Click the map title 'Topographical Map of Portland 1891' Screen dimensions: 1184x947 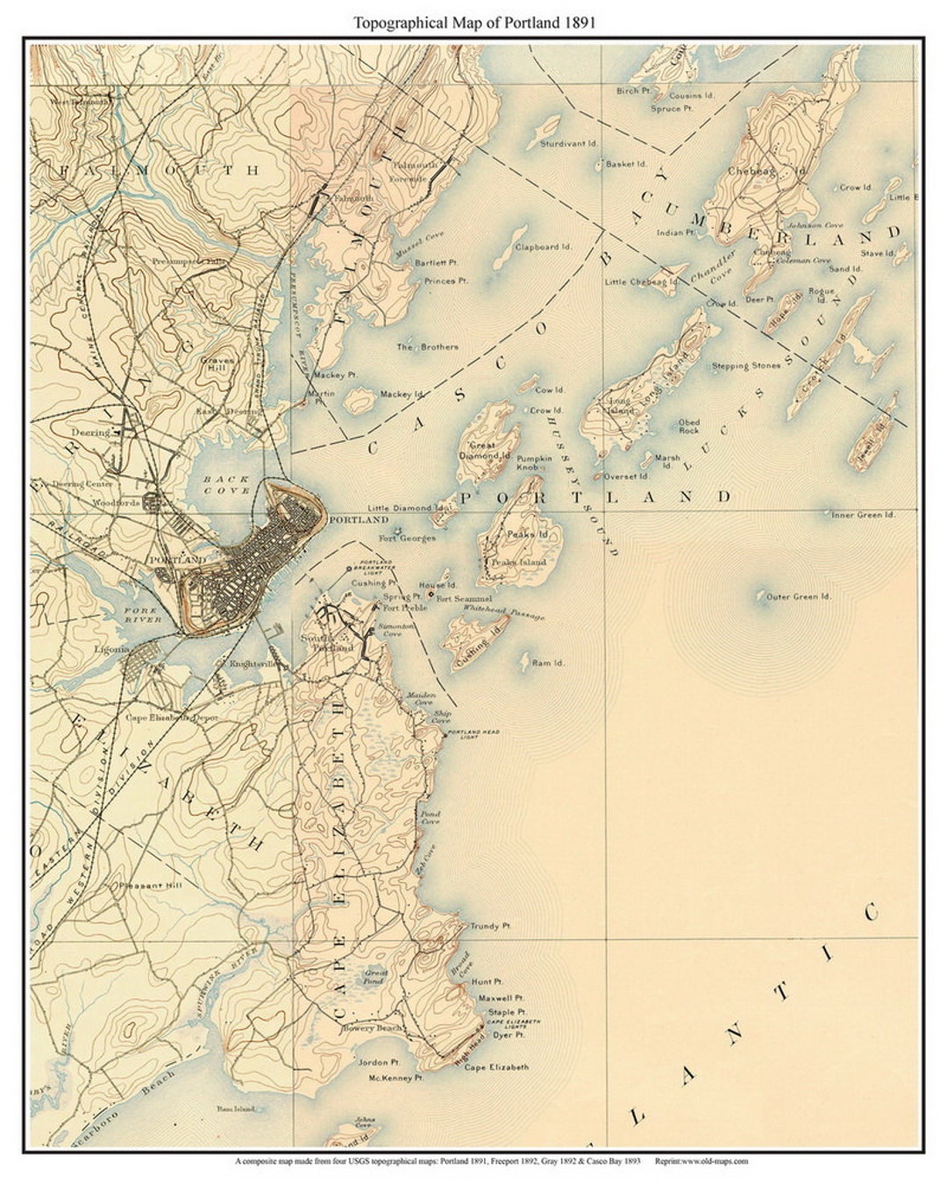(474, 23)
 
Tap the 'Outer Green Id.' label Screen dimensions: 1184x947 (798, 597)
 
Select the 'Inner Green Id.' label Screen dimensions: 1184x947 (863, 516)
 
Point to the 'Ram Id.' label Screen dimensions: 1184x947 (548, 663)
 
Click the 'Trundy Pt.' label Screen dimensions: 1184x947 (490, 926)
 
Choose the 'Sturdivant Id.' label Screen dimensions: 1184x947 (568, 143)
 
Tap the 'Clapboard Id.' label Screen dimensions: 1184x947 (543, 247)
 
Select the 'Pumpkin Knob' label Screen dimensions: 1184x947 (534, 464)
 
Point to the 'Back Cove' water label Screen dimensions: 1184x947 (226, 485)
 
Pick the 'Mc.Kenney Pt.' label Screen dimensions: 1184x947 (395, 1077)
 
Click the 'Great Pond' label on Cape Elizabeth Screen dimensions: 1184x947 (376, 977)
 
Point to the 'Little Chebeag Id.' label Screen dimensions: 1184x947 (642, 282)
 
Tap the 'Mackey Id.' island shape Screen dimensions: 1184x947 (359, 403)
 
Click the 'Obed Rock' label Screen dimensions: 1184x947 (689, 427)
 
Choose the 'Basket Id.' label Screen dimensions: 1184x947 (626, 164)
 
